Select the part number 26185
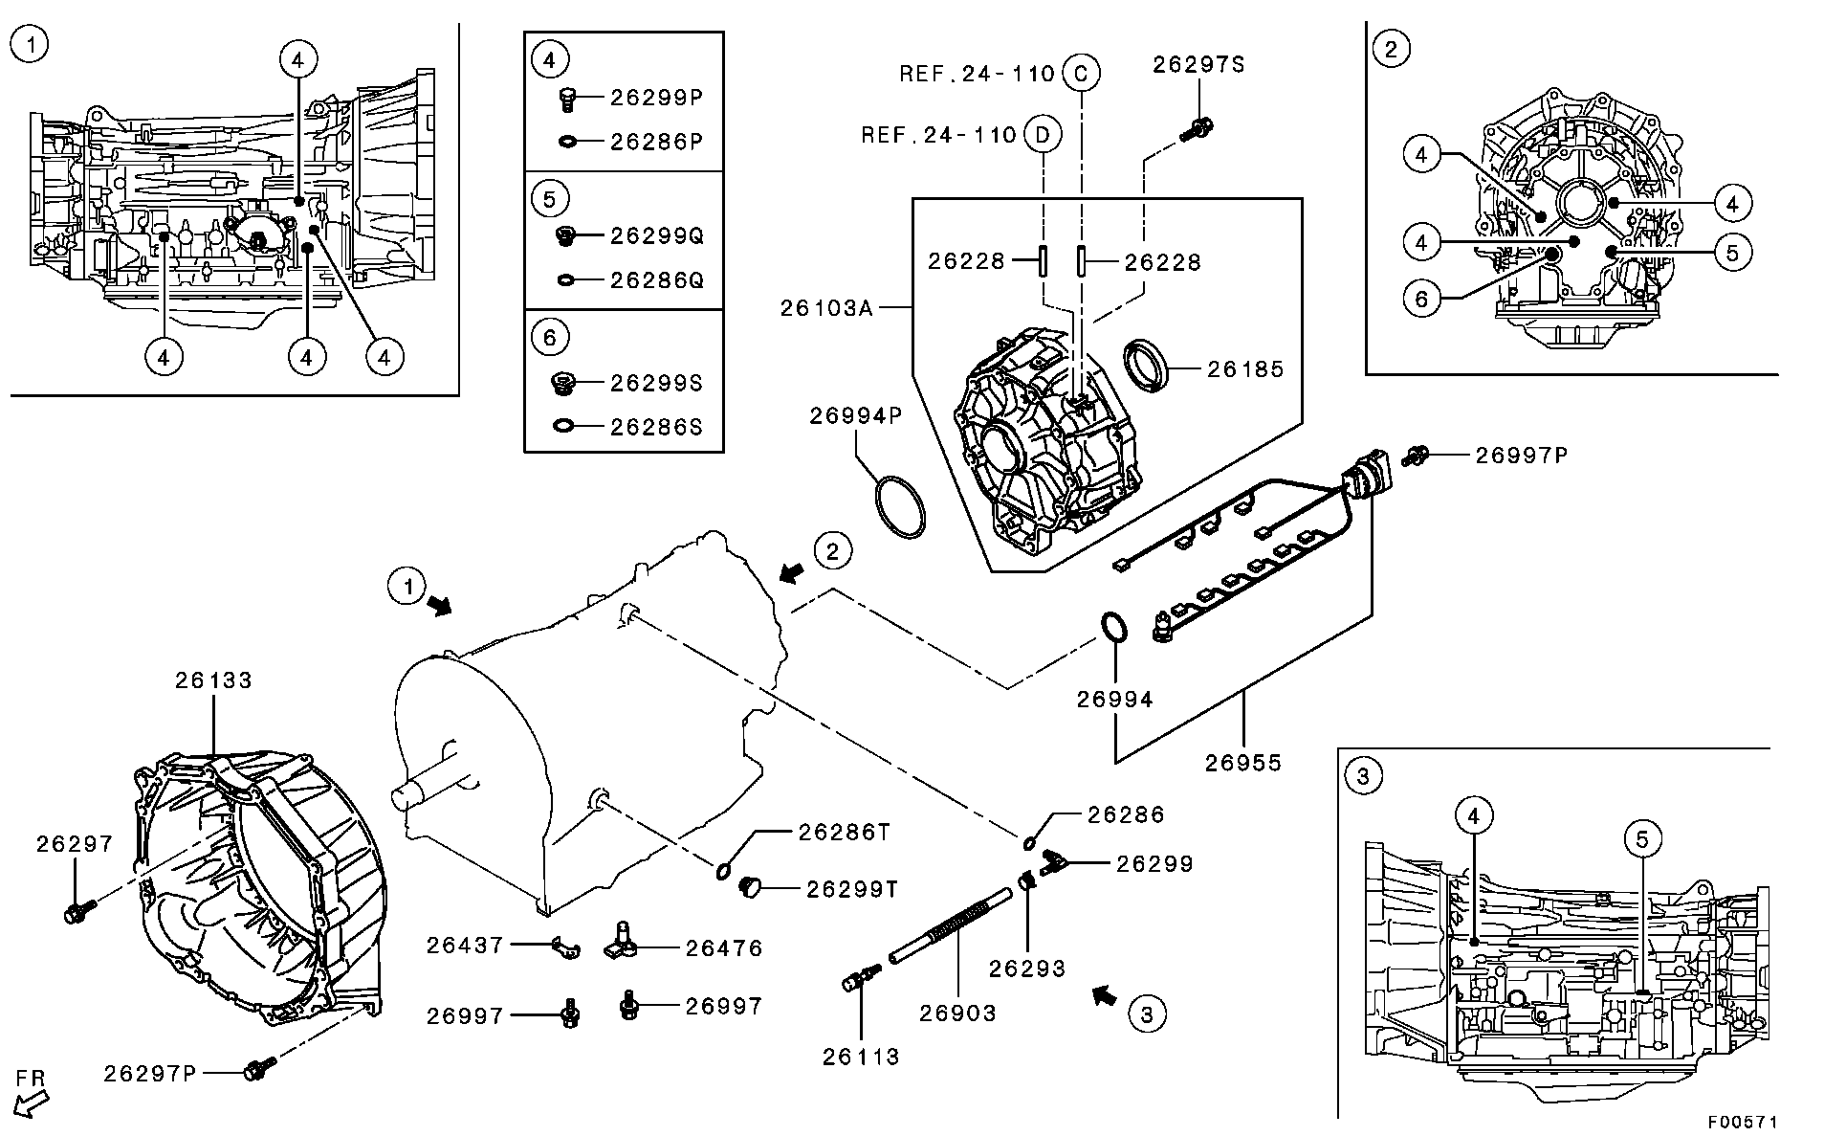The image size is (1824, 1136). click(x=1245, y=368)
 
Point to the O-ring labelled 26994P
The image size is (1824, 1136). click(x=900, y=505)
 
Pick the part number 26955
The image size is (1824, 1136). click(x=1243, y=763)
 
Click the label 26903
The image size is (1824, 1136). click(x=957, y=1013)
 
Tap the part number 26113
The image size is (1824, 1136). click(x=861, y=1057)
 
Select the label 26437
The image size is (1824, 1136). click(x=465, y=946)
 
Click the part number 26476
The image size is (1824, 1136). click(x=724, y=948)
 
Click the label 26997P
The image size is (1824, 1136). click(x=1521, y=455)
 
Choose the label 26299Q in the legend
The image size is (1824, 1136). click(x=656, y=235)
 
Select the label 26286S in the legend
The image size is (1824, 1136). click(x=656, y=427)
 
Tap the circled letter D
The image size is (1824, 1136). click(x=1044, y=135)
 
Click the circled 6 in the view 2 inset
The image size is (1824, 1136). click(x=1421, y=300)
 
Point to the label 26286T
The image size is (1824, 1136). click(x=845, y=833)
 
